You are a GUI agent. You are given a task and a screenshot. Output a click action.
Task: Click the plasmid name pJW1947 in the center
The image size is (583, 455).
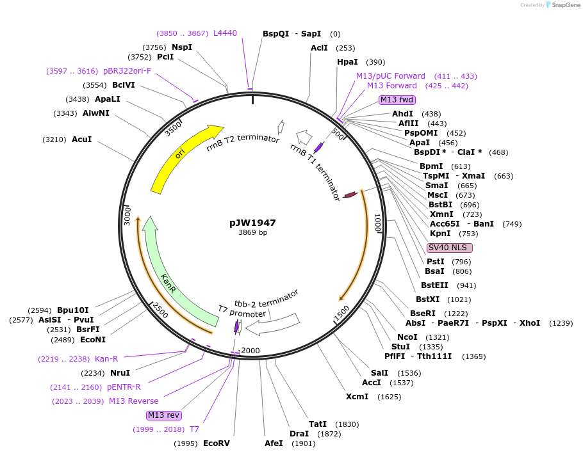coord(252,223)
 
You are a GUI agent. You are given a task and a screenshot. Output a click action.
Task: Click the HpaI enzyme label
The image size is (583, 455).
coord(348,62)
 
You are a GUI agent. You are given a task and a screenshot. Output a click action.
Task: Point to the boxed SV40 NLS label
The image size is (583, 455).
coord(450,248)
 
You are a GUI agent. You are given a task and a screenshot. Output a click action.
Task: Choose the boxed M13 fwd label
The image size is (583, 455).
coord(397,100)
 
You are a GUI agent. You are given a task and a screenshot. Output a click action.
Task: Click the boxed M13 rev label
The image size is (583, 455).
coord(164,415)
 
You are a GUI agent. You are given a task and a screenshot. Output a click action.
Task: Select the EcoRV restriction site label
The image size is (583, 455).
coord(216,443)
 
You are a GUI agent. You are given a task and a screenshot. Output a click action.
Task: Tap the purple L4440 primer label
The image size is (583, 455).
coord(225,33)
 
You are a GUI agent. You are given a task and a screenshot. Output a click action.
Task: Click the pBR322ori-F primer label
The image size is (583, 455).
coord(127,71)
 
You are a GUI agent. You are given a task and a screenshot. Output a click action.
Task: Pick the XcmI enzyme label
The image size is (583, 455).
coord(357,397)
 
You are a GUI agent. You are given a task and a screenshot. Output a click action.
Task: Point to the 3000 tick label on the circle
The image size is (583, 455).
coord(127,215)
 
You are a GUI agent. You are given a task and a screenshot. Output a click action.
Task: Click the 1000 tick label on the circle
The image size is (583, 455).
coord(378,224)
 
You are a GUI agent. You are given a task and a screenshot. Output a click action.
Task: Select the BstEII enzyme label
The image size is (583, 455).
coord(435,285)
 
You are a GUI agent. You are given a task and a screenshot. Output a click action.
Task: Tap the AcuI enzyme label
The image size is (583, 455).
coord(82,140)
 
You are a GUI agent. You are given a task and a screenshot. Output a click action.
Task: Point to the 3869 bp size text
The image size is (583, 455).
coord(252,233)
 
